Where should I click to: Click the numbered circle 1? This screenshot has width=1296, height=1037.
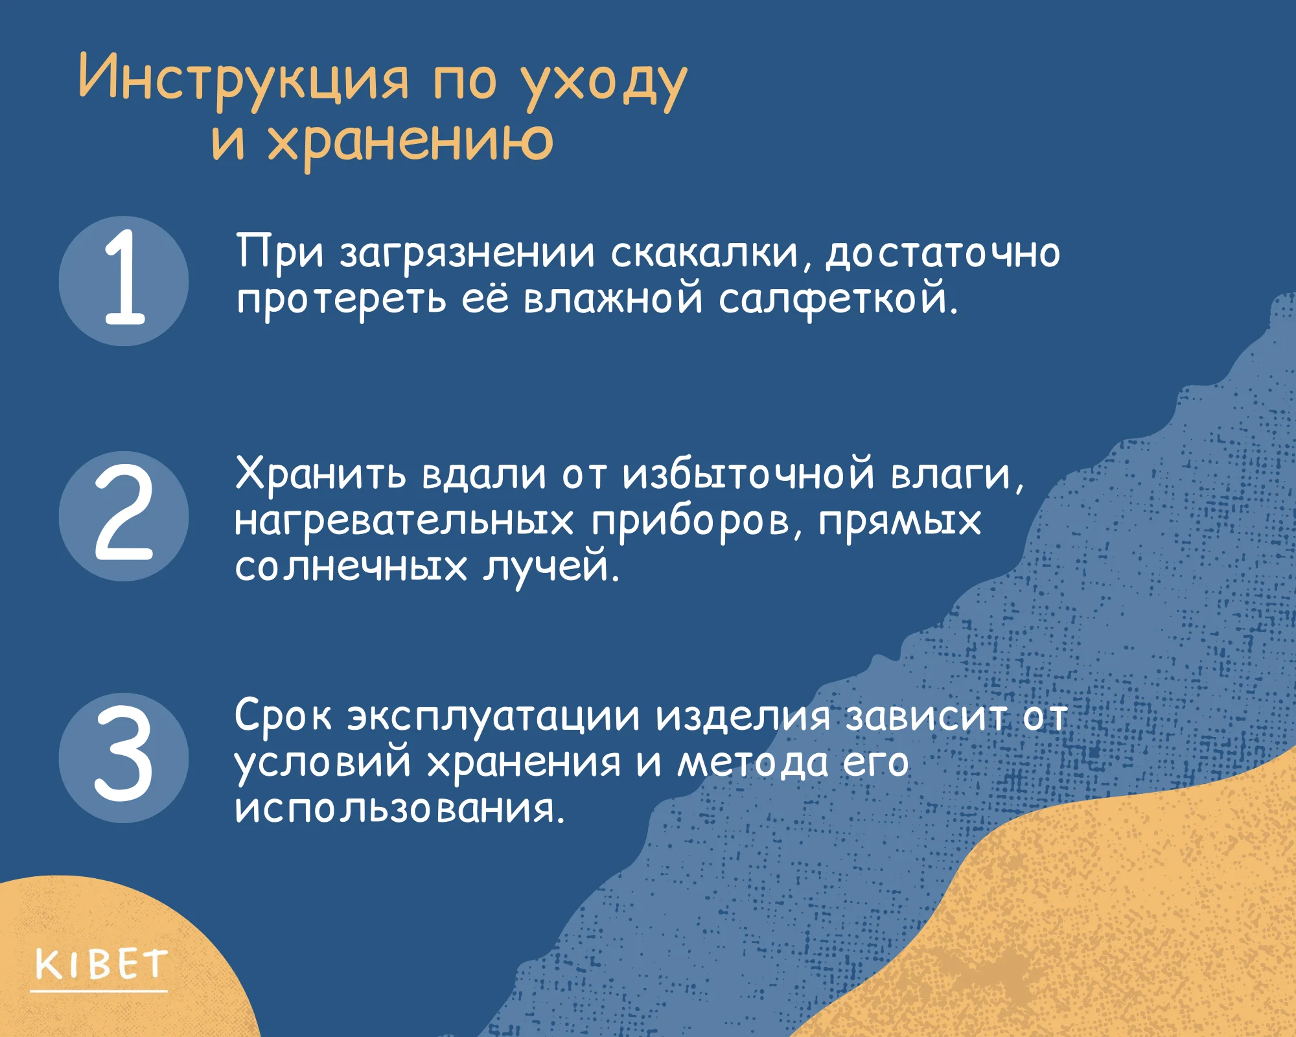[124, 281]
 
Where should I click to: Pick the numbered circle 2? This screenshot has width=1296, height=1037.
[124, 516]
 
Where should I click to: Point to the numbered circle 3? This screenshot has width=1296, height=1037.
[124, 758]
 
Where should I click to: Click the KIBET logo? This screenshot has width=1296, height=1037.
[101, 964]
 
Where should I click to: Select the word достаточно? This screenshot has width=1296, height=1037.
[943, 255]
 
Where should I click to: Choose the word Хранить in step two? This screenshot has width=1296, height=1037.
[321, 474]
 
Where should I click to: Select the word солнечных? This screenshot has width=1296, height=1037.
[351, 567]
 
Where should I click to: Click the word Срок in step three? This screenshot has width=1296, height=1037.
[283, 716]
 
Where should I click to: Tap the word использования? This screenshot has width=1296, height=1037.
[399, 810]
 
